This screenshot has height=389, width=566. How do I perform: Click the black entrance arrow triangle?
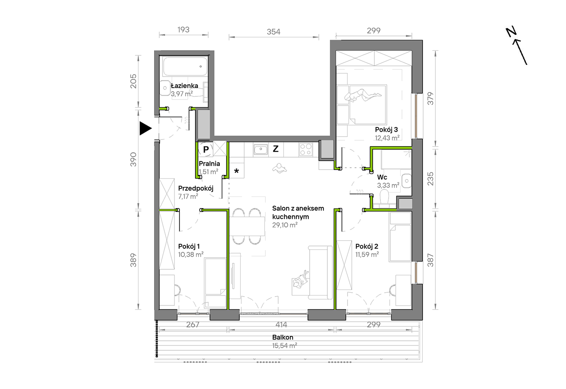(145, 128)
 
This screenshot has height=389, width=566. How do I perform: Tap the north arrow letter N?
(511, 32)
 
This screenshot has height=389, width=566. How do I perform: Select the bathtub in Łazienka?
(185, 66)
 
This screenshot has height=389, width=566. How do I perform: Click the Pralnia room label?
(209, 164)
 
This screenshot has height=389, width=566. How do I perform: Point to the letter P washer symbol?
(206, 149)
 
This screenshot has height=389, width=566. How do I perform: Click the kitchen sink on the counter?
(261, 149)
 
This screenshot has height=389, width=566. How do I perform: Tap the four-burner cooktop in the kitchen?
(306, 150)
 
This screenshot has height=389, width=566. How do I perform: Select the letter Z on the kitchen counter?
(276, 149)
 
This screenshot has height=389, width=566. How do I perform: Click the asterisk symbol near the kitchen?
(237, 171)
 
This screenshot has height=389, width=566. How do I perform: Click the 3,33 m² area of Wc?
(388, 185)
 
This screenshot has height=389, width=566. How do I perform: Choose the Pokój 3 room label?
(386, 130)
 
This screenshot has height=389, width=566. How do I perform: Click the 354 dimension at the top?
(273, 32)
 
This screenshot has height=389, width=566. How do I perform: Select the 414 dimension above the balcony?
(281, 324)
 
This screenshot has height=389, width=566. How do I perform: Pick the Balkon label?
(283, 337)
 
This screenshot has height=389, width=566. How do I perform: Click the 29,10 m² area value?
(285, 225)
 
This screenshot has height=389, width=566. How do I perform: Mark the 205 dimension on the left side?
(133, 81)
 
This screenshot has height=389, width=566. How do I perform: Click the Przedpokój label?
(196, 188)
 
